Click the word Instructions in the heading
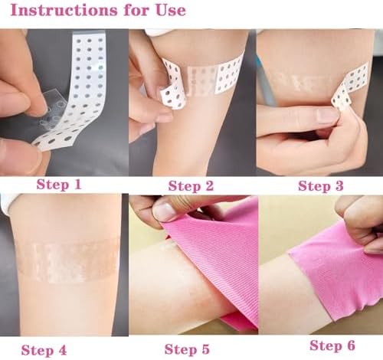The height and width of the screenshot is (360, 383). coord(64,10)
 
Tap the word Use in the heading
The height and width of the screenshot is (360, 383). coord(171,10)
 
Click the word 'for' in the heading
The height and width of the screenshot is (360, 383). coord(136,10)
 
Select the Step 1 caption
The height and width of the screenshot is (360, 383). coord(59,184)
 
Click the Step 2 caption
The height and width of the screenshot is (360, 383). coord(191,185)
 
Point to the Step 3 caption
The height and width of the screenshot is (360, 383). coord(321,185)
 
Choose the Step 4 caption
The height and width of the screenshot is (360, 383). coord(44,350)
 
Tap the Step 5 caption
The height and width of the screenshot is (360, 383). coord(187,349)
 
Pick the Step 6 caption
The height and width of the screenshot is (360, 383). coord(332,345)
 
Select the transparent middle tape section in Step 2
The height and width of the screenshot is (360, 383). coord(201,80)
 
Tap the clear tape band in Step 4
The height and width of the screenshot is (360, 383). coord(67,260)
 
